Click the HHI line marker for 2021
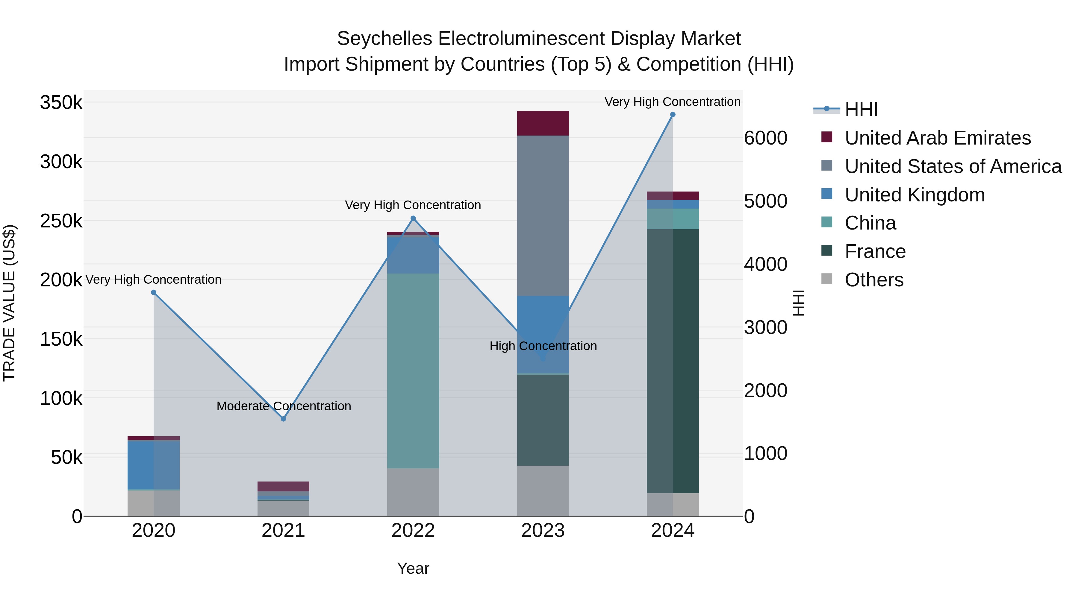click(283, 419)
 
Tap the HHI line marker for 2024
click(673, 115)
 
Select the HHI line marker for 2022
click(413, 218)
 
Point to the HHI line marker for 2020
click(154, 292)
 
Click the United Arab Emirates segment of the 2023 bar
click(543, 123)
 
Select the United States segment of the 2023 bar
click(543, 215)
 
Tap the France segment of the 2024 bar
click(673, 361)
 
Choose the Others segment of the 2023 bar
click(543, 490)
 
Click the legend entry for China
click(870, 223)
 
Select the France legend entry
click(875, 251)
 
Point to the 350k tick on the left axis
click(61, 102)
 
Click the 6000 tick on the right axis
click(765, 138)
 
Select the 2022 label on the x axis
click(413, 531)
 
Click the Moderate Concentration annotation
click(284, 406)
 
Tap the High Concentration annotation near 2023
click(543, 346)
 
